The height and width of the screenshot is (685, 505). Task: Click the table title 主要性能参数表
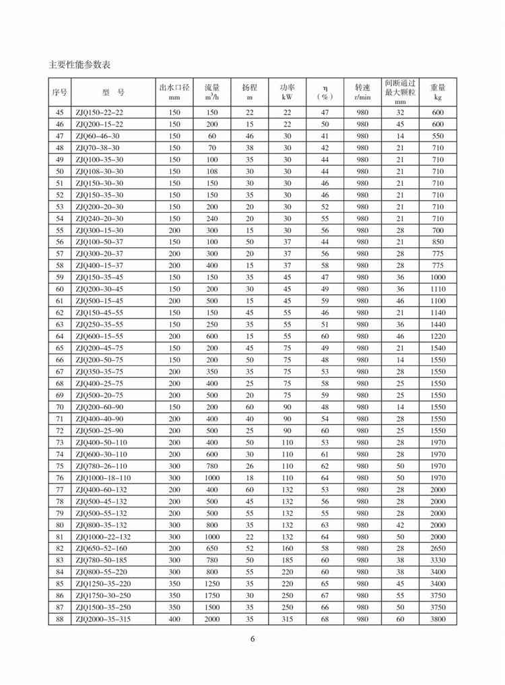pyautogui.click(x=79, y=65)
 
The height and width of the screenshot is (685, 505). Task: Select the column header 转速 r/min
pyautogui.click(x=362, y=92)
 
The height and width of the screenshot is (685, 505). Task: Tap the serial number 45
pyautogui.click(x=59, y=112)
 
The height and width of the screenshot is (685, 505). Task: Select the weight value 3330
pyautogui.click(x=438, y=560)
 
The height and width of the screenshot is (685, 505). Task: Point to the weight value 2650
pyautogui.click(x=438, y=549)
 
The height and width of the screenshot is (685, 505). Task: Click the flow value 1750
pyautogui.click(x=212, y=596)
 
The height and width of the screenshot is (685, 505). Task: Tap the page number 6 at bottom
pyautogui.click(x=252, y=640)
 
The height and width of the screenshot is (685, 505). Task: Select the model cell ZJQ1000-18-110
pyautogui.click(x=103, y=478)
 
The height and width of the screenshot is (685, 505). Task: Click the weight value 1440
pyautogui.click(x=438, y=323)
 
